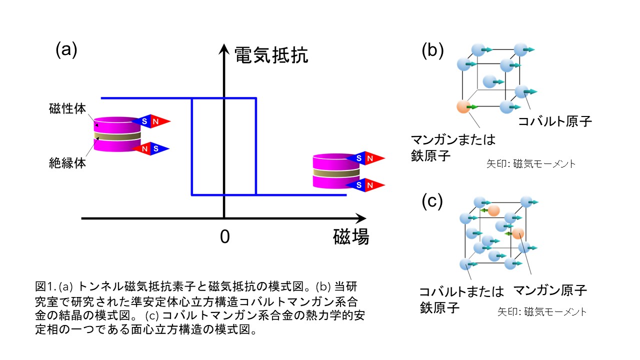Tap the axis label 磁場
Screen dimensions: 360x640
[351, 237]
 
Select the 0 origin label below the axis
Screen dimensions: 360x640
[225, 237]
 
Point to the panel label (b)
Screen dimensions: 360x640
[433, 50]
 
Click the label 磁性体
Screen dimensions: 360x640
[67, 108]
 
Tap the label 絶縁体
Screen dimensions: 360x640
[67, 162]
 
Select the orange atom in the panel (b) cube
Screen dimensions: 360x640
[463, 106]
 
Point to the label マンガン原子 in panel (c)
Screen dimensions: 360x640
[550, 290]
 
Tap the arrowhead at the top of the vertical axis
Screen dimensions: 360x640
[224, 48]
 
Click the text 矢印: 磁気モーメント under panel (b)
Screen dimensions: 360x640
[530, 163]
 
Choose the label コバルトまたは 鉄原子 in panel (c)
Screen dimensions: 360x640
[454, 299]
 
